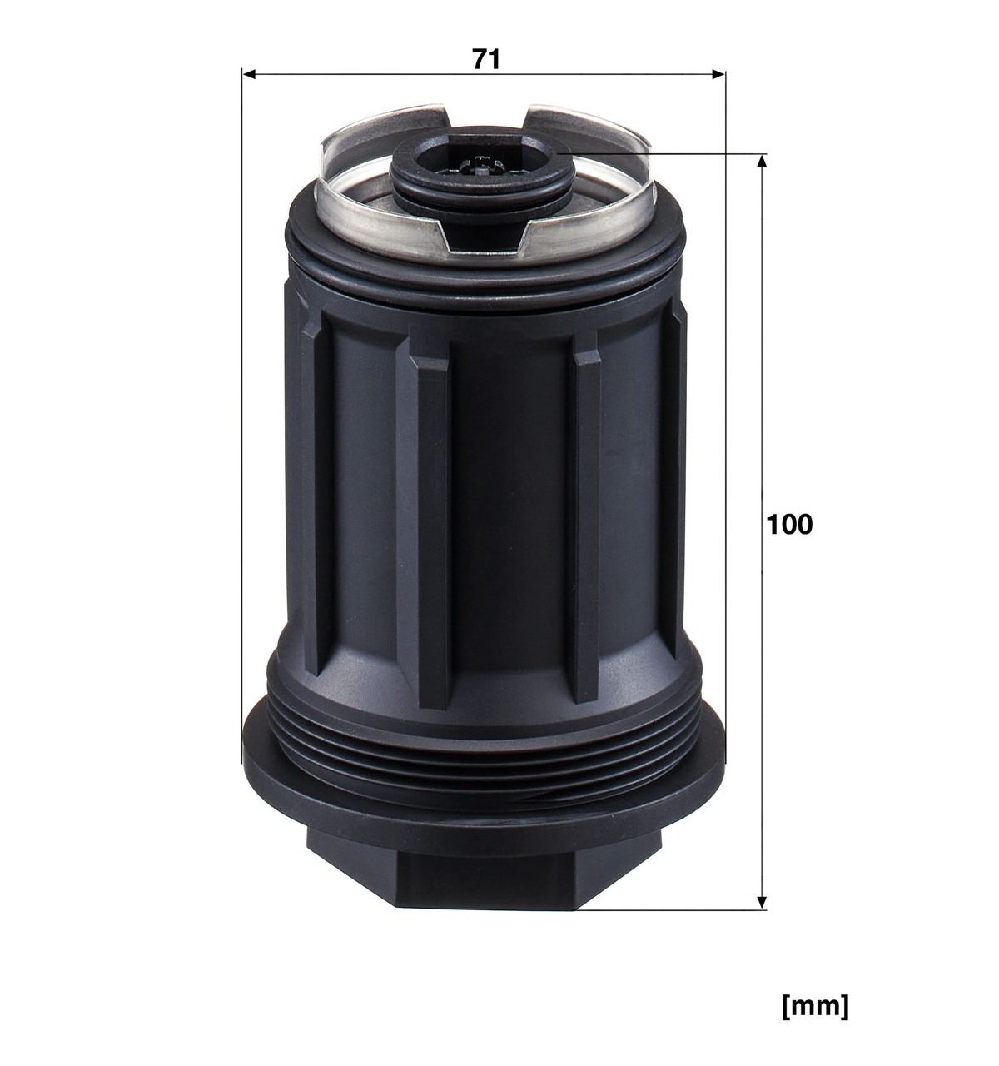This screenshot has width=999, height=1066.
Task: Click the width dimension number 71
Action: coord(486,59)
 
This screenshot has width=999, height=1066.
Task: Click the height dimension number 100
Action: coord(789,525)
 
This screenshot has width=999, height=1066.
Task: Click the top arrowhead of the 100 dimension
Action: coord(761,161)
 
